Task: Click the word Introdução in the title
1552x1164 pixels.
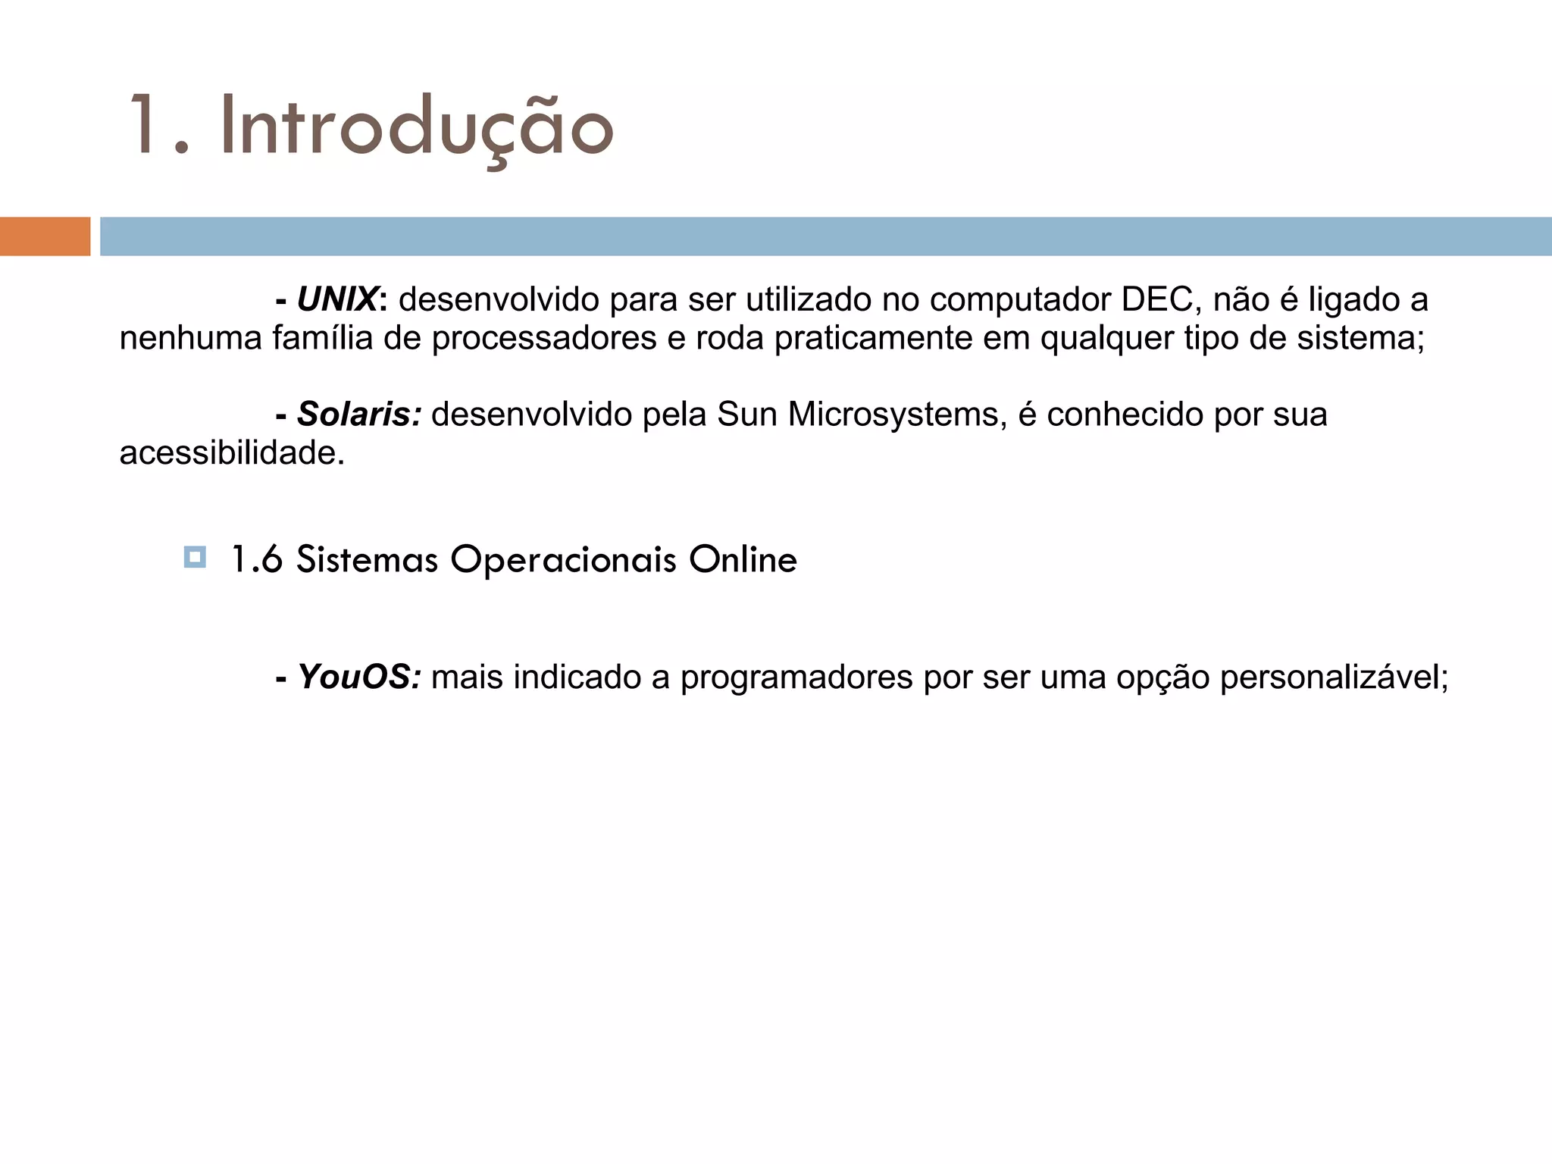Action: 417,127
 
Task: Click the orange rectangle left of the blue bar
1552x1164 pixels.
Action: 45,236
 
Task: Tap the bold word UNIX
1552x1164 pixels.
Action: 336,300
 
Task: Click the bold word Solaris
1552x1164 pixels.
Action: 358,415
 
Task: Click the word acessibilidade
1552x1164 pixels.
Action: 232,453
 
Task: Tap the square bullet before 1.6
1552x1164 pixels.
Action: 195,558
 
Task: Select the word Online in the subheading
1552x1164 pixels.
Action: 743,559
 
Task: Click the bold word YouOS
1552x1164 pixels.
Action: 358,677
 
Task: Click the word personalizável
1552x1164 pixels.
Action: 1334,677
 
